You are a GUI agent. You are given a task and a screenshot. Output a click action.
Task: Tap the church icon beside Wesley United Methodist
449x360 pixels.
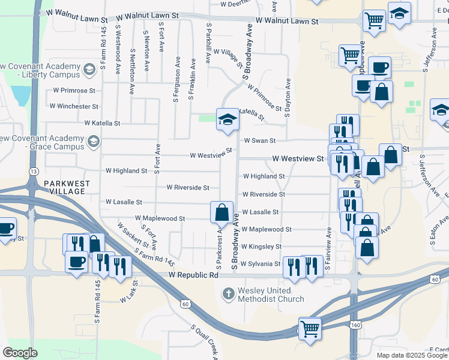pos(228,294)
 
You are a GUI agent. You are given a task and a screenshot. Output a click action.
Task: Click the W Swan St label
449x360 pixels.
pos(259,141)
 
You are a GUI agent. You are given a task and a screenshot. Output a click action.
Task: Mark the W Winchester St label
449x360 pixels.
pos(74,106)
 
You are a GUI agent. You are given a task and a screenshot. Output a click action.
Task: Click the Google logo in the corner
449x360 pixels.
pos(20,352)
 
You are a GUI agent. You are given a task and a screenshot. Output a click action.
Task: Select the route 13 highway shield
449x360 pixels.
pos(31,172)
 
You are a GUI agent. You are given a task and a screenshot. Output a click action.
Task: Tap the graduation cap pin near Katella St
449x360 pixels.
pos(228,119)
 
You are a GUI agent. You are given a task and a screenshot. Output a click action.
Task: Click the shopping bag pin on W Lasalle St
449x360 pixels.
pos(221,211)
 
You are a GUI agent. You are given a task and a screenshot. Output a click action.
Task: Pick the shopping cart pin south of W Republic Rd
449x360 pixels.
pos(309,328)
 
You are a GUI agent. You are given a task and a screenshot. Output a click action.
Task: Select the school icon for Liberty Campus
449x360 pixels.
pos(89,70)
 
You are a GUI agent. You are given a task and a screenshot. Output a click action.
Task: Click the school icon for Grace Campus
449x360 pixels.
pos(92,142)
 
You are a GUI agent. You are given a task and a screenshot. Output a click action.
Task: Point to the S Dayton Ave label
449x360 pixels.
pos(288,92)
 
